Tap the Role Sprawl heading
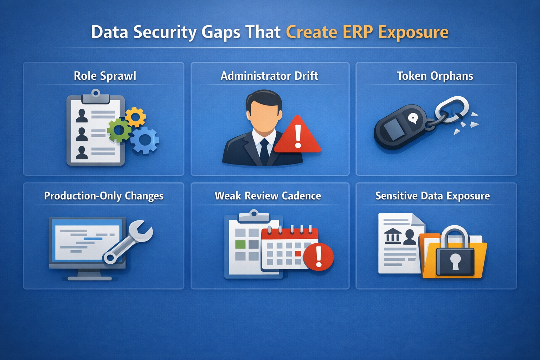click(105, 76)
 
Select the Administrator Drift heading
click(269, 76)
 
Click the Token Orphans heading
click(435, 76)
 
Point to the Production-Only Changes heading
click(104, 196)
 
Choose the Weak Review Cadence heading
click(268, 196)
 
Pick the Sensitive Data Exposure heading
click(432, 196)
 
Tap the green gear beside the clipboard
click(119, 130)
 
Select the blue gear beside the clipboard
click(145, 140)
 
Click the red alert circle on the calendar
click(319, 257)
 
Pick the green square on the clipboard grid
click(240, 244)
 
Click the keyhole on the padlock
click(455, 261)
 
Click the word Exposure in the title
click(413, 32)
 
